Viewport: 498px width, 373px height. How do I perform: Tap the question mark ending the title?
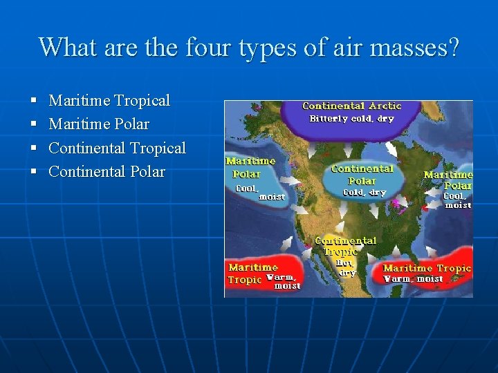(452, 48)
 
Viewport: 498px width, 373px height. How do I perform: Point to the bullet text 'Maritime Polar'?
(99, 124)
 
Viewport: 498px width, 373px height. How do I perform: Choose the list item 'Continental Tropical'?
(117, 148)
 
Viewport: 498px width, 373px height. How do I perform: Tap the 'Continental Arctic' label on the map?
(351, 106)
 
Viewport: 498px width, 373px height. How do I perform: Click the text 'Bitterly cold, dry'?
(351, 118)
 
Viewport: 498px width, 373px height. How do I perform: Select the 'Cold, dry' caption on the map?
(364, 193)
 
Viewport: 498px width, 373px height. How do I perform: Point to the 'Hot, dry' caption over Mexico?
(346, 268)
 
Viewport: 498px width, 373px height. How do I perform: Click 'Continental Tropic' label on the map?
(345, 246)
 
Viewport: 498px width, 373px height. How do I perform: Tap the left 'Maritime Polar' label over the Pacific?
(250, 167)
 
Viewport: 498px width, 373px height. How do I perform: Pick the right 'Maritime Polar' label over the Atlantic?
(448, 180)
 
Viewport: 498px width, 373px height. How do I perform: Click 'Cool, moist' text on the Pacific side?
(260, 192)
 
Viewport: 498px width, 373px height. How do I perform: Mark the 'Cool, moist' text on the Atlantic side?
(457, 200)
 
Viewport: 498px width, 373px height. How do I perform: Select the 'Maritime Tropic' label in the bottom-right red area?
(426, 268)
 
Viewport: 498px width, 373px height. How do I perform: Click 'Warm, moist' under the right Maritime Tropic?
(413, 279)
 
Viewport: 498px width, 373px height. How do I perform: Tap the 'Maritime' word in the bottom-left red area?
(252, 267)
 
